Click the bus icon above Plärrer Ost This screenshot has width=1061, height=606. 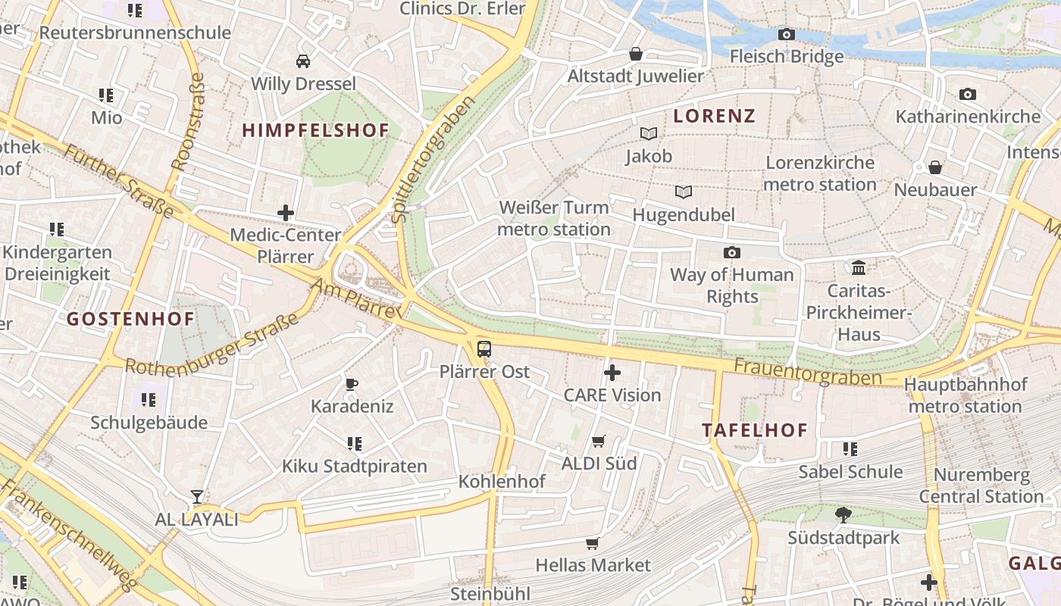tap(484, 349)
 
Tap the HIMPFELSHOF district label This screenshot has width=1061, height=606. tap(315, 130)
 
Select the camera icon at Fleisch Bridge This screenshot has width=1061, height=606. tap(787, 34)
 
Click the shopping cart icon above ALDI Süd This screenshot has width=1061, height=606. tap(598, 441)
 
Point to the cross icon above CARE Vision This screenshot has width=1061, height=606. tap(612, 373)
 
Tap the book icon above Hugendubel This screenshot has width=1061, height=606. tap(684, 192)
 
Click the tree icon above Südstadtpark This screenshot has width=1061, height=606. tap(843, 515)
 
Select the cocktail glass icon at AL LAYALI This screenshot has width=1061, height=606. tap(197, 497)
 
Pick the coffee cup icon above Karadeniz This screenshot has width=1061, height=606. tap(352, 384)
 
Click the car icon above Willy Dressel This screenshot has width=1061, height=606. tap(303, 61)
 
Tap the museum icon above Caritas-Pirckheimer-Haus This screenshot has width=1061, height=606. tap(859, 267)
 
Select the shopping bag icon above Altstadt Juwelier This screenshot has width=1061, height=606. tap(636, 54)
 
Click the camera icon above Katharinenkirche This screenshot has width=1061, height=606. tap(968, 94)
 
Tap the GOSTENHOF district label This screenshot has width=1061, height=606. tap(130, 319)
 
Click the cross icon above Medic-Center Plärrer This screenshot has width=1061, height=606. tap(286, 213)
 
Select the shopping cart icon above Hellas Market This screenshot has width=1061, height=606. tap(592, 543)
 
